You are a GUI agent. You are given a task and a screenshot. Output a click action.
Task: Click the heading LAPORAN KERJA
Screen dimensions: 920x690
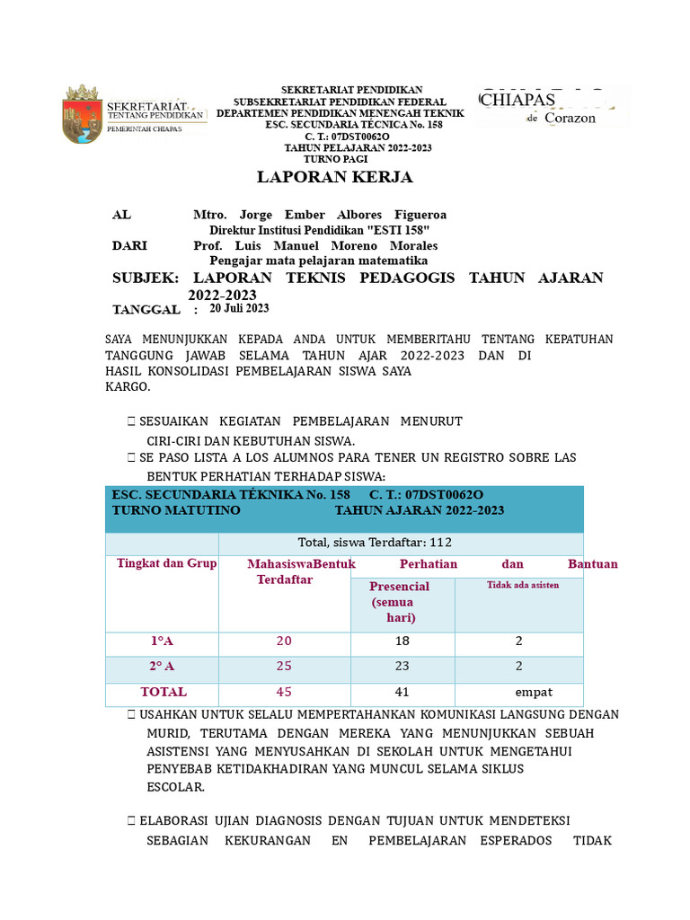click(x=334, y=177)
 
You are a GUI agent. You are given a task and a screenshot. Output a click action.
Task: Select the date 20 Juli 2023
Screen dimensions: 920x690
click(x=239, y=308)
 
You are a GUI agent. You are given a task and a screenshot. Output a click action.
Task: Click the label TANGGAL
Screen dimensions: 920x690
click(x=146, y=309)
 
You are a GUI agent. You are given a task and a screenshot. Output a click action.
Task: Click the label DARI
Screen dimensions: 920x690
click(x=130, y=245)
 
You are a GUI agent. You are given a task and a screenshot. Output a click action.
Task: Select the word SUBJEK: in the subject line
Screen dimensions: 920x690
click(x=146, y=279)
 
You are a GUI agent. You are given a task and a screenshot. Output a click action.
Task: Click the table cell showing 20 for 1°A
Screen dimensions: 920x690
click(x=284, y=641)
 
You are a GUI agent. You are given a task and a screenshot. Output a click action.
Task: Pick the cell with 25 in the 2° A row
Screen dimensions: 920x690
click(x=284, y=667)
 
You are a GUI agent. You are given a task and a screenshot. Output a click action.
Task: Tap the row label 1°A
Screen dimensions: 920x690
click(x=162, y=641)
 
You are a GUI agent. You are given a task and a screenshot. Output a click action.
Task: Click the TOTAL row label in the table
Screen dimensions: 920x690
click(x=163, y=692)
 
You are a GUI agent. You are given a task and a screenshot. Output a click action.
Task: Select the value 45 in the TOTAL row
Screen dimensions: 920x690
click(x=284, y=692)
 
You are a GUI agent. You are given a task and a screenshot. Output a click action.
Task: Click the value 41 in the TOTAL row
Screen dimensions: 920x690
click(x=402, y=692)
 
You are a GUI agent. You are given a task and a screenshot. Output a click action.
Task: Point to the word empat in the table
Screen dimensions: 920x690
click(x=533, y=692)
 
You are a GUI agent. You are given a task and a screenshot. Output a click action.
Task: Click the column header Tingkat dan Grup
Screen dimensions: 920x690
click(x=166, y=563)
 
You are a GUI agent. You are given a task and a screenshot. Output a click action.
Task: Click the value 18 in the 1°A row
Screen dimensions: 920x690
click(x=402, y=641)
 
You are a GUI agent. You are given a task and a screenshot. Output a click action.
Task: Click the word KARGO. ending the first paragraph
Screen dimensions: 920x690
click(x=128, y=387)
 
